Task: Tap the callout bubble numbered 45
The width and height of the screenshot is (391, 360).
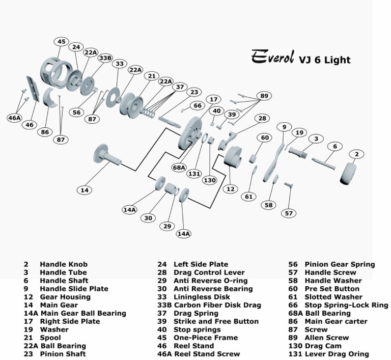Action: pyautogui.click(x=62, y=41)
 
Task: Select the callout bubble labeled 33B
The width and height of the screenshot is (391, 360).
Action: pyautogui.click(x=105, y=58)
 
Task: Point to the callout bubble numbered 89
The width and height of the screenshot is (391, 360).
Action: pyautogui.click(x=264, y=95)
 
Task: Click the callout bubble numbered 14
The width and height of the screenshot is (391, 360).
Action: pyautogui.click(x=85, y=190)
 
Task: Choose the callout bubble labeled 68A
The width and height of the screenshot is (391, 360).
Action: pyautogui.click(x=179, y=167)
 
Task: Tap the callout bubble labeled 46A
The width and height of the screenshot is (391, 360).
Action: pyautogui.click(x=15, y=118)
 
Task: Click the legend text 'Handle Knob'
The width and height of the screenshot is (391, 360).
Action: pyautogui.click(x=64, y=264)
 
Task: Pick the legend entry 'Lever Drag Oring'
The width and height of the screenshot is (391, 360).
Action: pyautogui.click(x=337, y=354)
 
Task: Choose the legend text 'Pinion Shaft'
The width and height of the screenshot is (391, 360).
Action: pyautogui.click(x=63, y=354)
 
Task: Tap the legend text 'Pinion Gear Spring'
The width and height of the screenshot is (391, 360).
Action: pyautogui.click(x=340, y=264)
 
